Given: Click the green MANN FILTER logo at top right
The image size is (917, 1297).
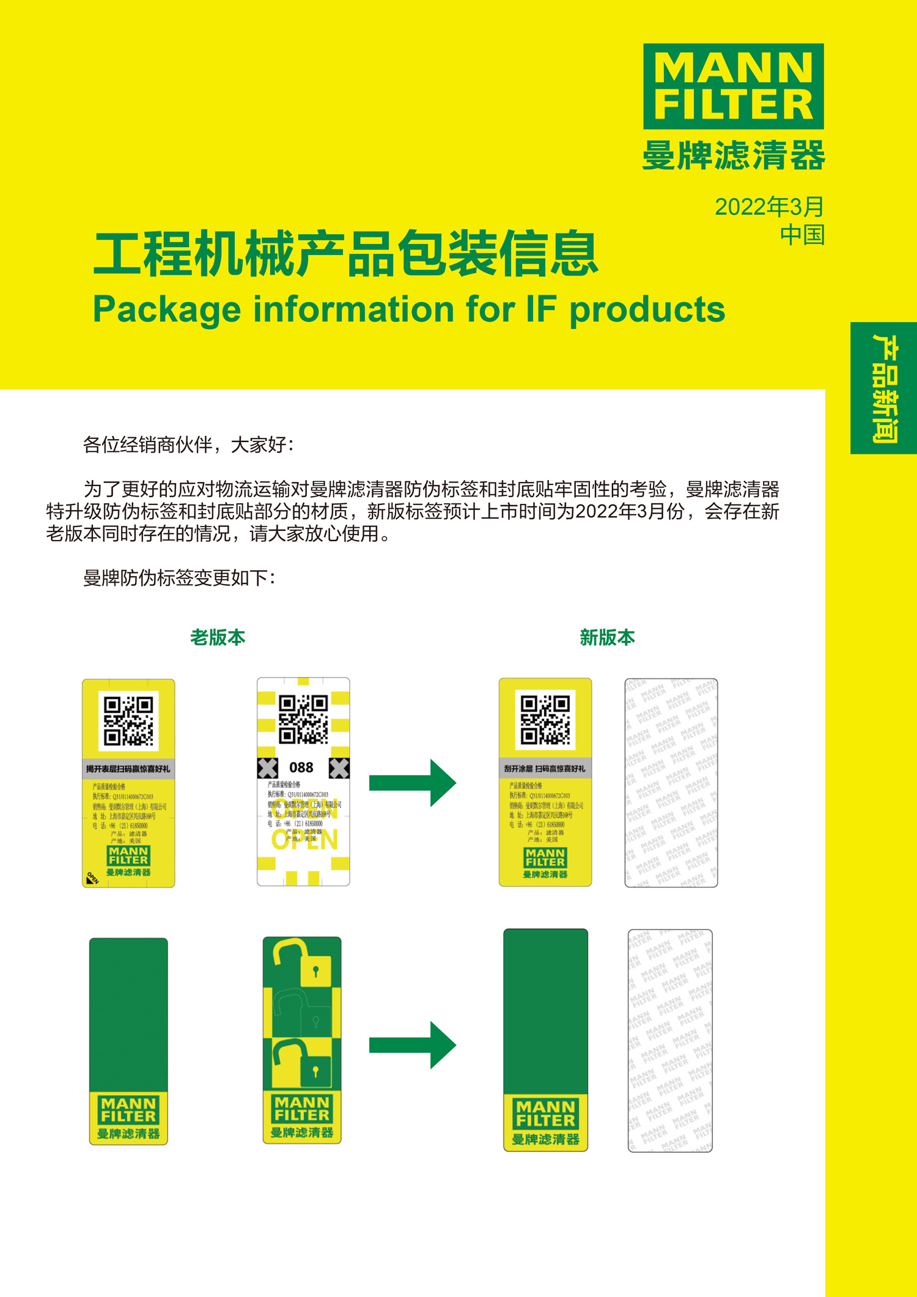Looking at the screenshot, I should (733, 86).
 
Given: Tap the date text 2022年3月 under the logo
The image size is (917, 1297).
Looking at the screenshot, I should (769, 207).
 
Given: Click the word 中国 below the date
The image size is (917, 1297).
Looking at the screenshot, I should (802, 235).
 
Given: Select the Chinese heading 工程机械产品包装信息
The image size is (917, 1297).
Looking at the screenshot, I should (345, 254).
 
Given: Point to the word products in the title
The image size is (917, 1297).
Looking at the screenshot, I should (647, 309).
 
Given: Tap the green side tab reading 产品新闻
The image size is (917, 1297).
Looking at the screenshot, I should (884, 388).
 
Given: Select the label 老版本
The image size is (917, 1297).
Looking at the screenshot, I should (218, 637).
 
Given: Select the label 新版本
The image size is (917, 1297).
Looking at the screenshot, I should (607, 637).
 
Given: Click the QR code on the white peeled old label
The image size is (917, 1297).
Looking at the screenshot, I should (303, 719).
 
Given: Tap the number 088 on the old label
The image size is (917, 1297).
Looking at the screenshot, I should (301, 767).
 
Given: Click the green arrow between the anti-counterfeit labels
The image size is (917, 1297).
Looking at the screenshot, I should (413, 783).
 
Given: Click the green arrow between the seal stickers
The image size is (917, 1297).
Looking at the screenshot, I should (413, 1044).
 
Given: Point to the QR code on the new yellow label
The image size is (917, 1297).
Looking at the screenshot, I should (545, 720).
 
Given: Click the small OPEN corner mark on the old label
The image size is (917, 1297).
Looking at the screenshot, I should (92, 879).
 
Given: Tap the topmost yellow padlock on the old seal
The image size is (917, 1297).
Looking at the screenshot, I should (304, 961).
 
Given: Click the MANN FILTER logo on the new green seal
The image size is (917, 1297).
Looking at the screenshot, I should (545, 1114).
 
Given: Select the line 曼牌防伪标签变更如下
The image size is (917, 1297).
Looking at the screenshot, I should (179, 578).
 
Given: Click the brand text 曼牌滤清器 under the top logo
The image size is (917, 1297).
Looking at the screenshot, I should (733, 155).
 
